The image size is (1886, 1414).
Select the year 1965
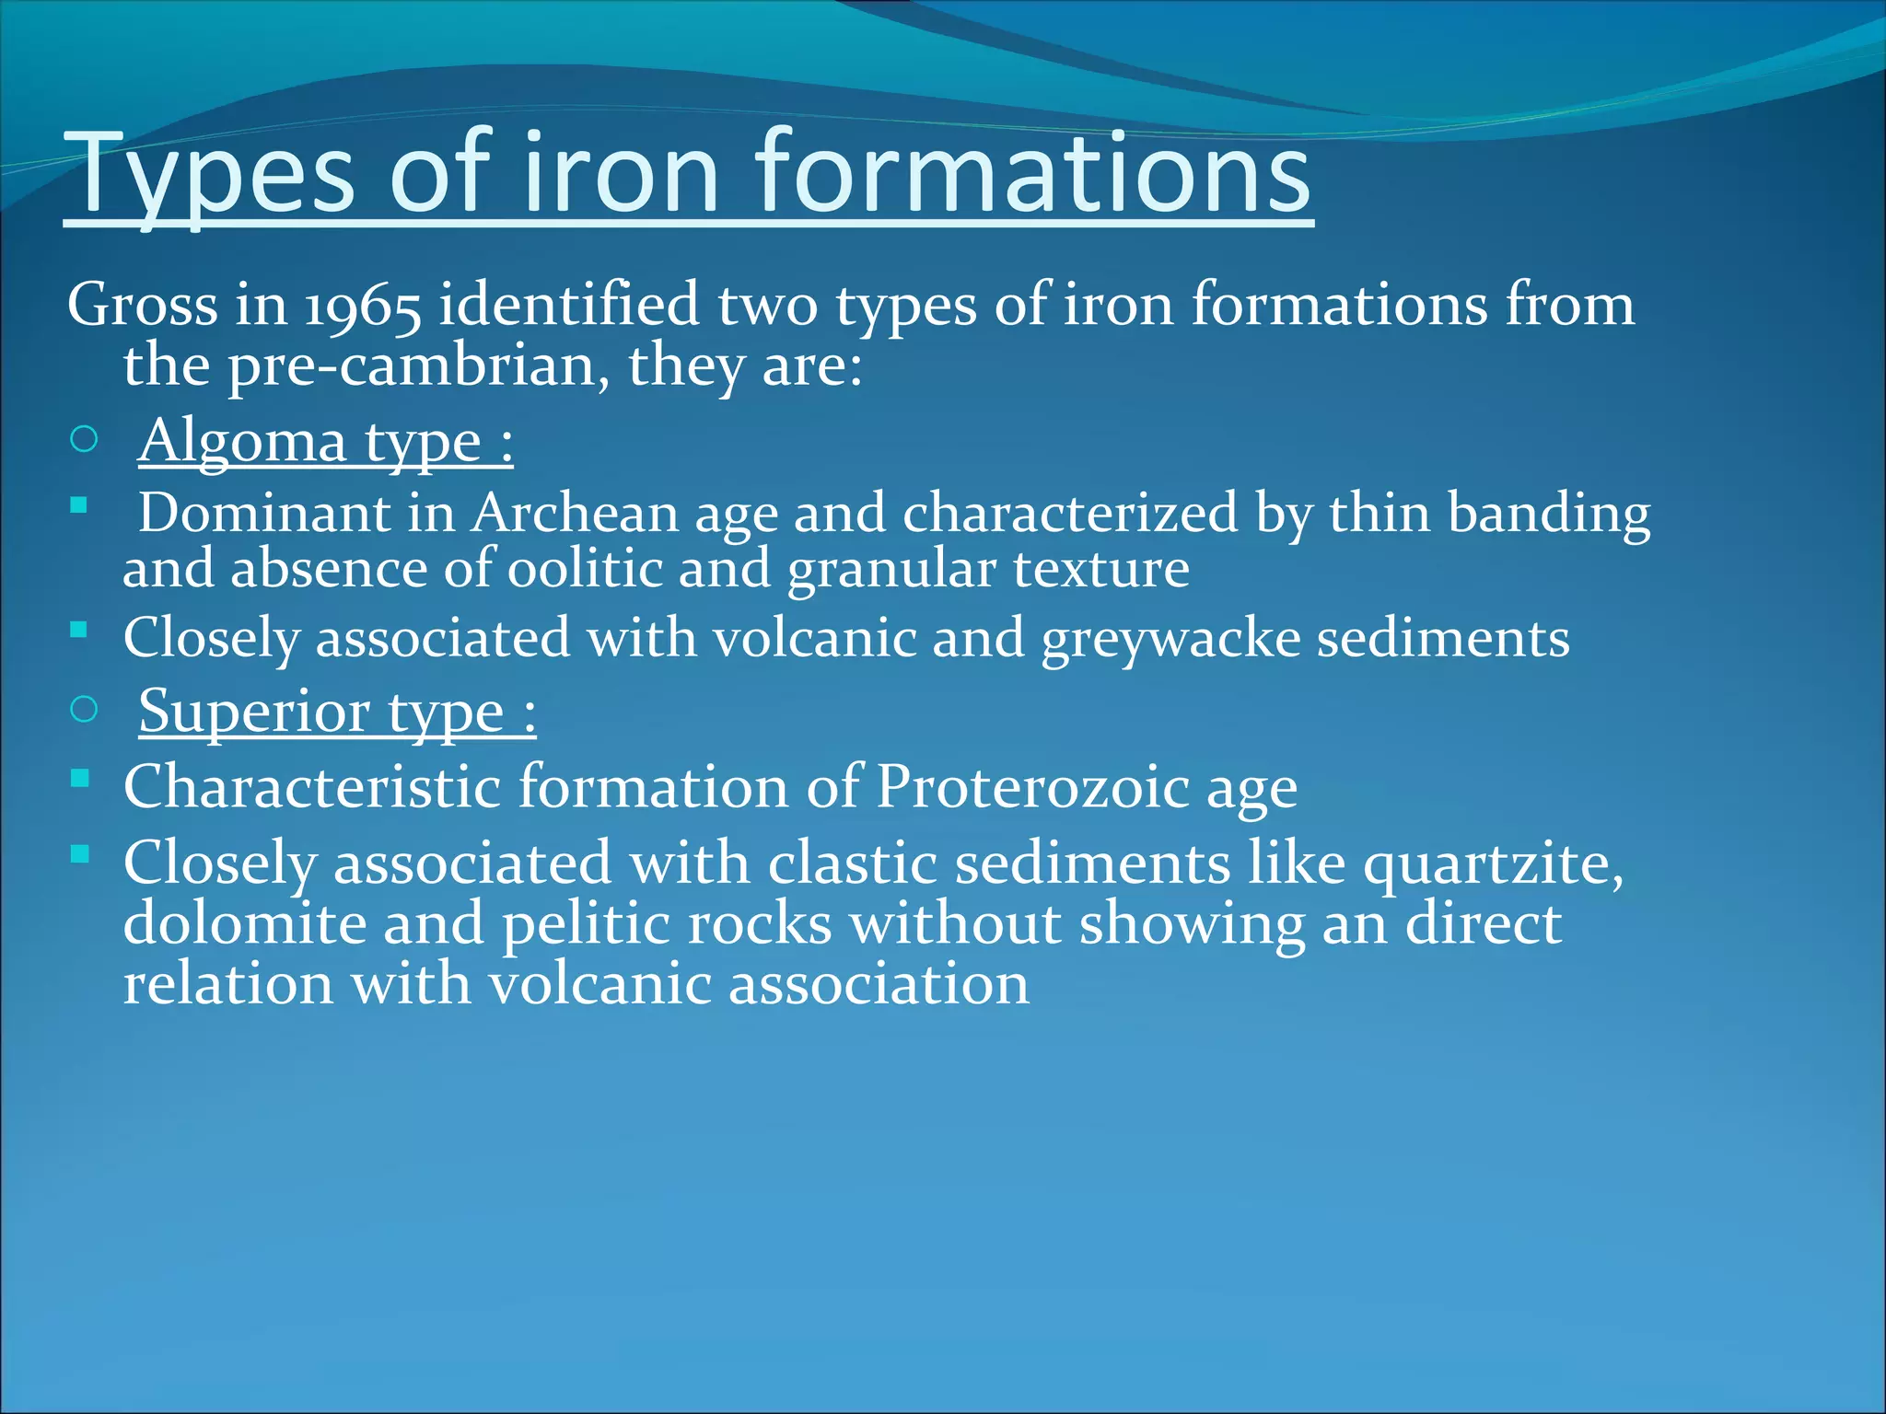(x=362, y=306)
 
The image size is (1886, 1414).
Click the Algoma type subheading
(x=325, y=441)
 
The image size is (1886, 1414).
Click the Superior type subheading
(x=337, y=712)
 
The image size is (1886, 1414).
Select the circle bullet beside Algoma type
(x=84, y=440)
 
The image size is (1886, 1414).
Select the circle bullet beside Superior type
(x=84, y=710)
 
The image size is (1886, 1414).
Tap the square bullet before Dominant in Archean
(x=79, y=504)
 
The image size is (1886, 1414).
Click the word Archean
(x=576, y=513)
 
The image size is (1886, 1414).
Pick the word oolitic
(x=585, y=569)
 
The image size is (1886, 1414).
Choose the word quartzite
(x=1493, y=864)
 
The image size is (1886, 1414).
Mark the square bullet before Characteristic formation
(x=79, y=779)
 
